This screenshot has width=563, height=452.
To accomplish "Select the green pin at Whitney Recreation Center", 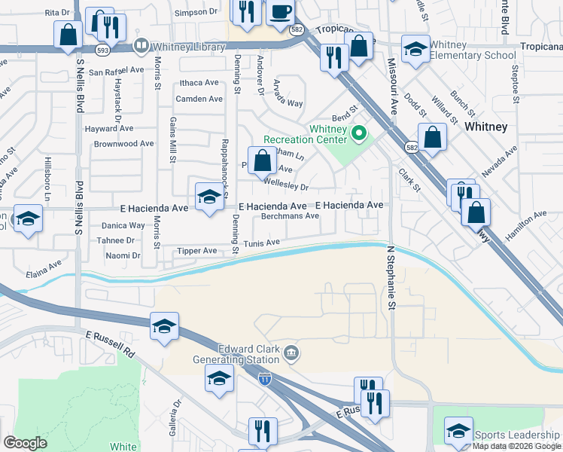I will point(359,136).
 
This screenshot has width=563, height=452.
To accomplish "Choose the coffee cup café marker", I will point(280,12).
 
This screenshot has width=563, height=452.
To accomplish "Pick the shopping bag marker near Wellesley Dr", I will point(262,160).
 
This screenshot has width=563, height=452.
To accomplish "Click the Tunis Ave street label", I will point(261,243).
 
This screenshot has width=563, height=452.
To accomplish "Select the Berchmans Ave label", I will point(291,216).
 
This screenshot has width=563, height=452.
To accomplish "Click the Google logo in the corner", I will point(25,443).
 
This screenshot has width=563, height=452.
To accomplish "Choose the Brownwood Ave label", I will point(124,143).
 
